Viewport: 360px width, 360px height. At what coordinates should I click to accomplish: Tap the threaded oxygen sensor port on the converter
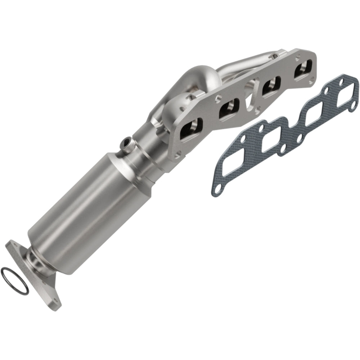coord(126,144)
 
